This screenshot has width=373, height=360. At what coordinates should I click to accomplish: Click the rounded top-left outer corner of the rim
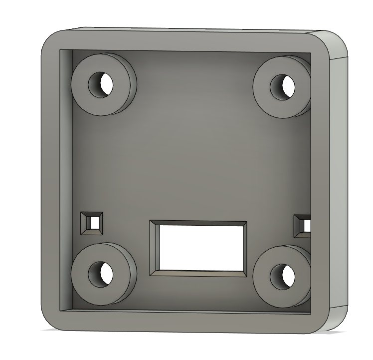tap(50, 40)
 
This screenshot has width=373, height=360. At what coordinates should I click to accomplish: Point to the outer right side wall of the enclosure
tap(339, 180)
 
